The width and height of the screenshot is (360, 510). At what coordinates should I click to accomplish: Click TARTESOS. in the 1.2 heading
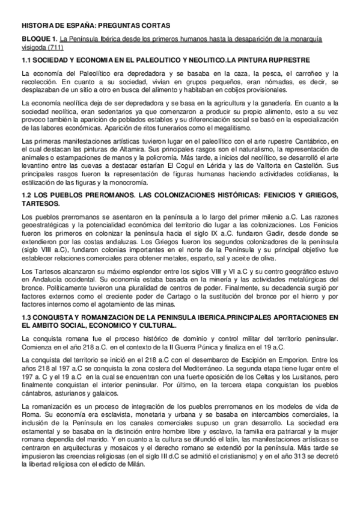coord(41,203)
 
